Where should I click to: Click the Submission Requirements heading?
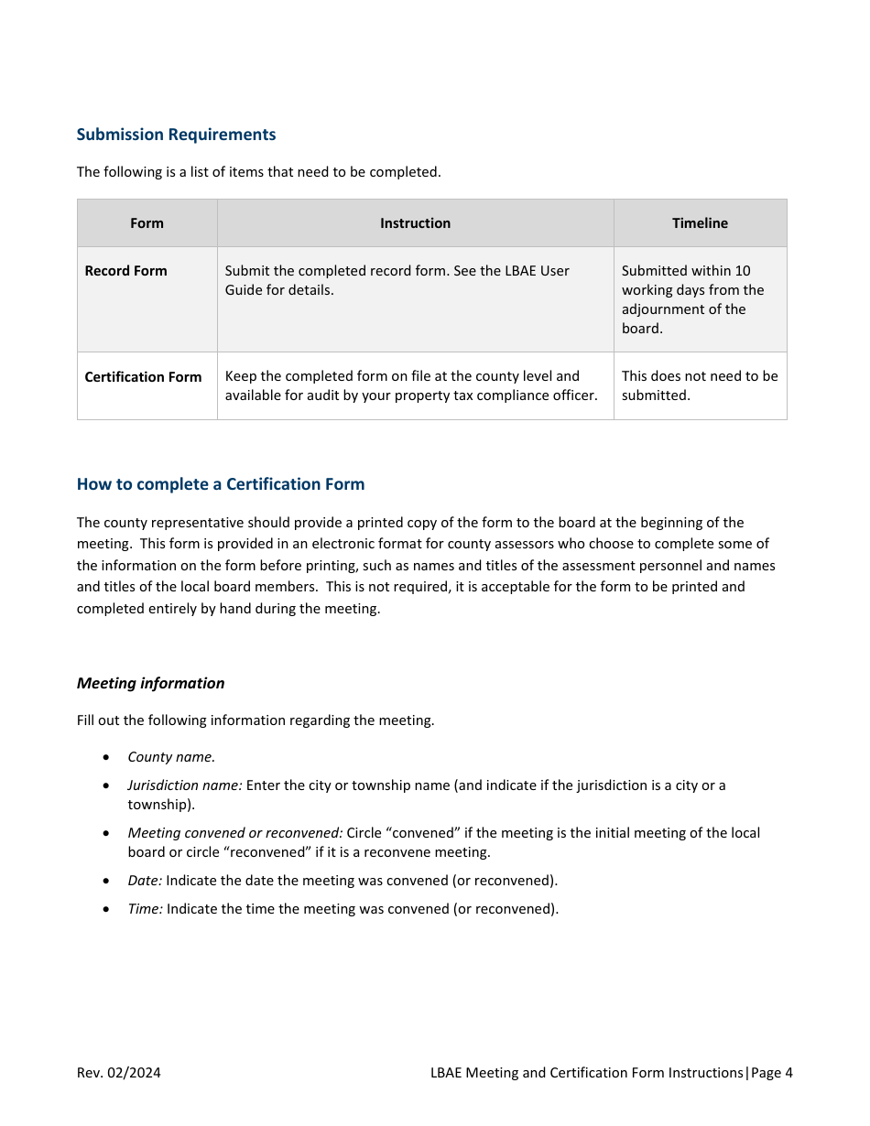pos(176,135)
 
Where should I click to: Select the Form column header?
pos(147,223)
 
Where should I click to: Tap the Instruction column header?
pos(415,223)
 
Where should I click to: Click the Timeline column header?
pos(700,223)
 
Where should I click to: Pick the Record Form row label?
pos(125,271)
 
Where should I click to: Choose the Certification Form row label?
pos(143,377)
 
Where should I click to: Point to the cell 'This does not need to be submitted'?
pos(699,385)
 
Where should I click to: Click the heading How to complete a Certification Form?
pos(221,484)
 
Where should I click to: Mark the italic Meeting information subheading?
pos(150,683)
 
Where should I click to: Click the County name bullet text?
pos(171,757)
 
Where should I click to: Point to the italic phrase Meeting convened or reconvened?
pos(235,833)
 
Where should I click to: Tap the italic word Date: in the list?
pos(145,881)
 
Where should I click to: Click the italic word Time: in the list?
pos(145,909)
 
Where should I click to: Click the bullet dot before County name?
pos(108,758)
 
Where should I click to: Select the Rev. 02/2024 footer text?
pos(118,1073)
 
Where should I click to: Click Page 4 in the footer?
pos(772,1073)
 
